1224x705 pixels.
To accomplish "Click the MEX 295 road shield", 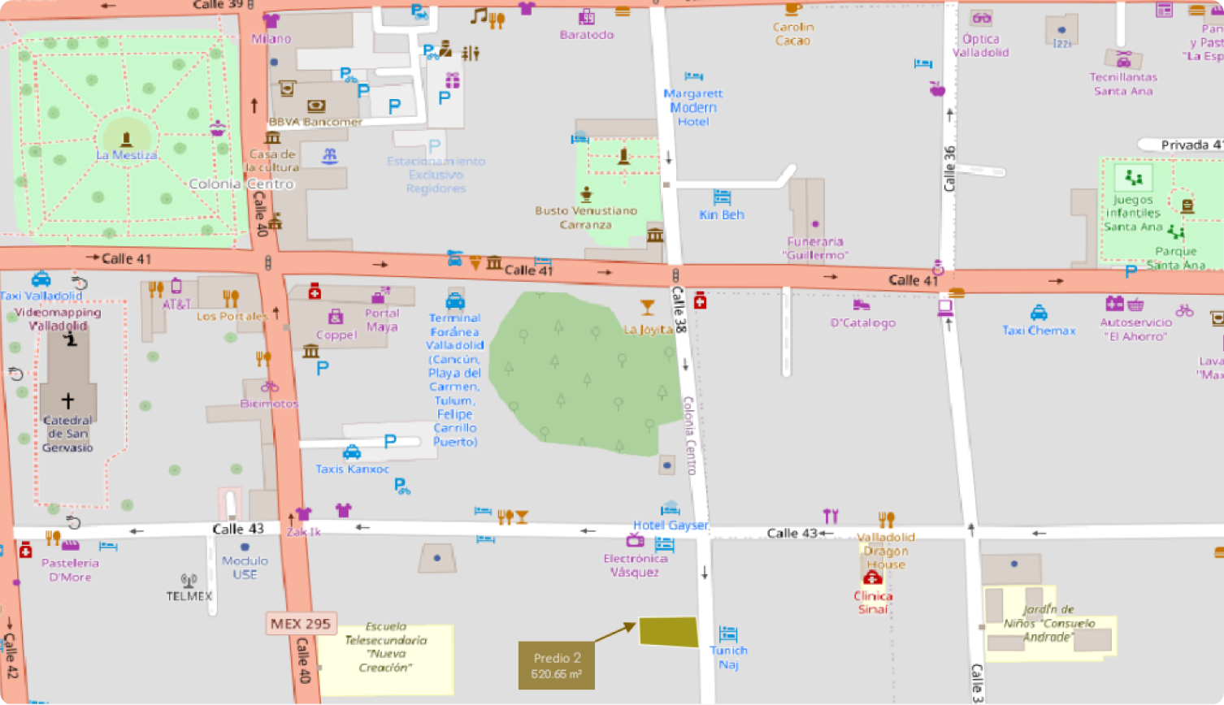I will pos(301,624).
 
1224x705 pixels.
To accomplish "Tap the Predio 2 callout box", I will pos(557,666).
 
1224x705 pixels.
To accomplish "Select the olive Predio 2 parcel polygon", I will pos(668,632).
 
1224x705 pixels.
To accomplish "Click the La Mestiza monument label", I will pos(126,155).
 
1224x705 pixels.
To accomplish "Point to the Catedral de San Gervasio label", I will pos(67,434).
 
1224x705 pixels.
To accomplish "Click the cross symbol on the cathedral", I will pos(67,400).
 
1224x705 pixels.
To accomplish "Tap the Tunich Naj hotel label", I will pos(728,657).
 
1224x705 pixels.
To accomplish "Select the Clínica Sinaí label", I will pos(873,602).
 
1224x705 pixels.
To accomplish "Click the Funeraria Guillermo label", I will pos(815,248).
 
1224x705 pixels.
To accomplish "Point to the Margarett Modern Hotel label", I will pos(692,107).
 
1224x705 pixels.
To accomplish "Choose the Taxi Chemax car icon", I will pos(1039,313).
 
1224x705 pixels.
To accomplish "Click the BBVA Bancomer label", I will pos(315,122).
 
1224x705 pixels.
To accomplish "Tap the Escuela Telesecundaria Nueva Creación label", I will pos(385,647).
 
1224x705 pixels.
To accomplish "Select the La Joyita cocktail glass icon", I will pos(647,307).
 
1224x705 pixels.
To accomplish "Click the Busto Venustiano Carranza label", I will pos(585,217).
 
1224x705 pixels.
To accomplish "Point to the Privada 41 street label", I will pos(1190,145).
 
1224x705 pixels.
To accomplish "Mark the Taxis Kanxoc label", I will pos(352,469).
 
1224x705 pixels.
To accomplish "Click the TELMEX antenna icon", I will pos(189,580).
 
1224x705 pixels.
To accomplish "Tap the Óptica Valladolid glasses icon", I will pos(982,18).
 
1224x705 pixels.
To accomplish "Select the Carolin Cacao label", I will pos(792,33).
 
